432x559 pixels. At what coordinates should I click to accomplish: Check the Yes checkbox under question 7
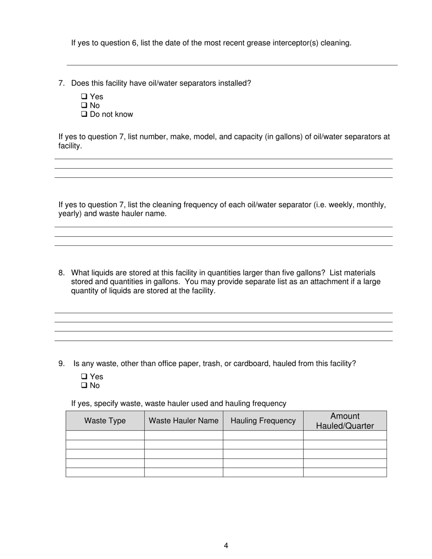coord(84,96)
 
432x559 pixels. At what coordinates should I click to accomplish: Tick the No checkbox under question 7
coord(84,105)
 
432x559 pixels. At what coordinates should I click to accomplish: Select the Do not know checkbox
coord(84,115)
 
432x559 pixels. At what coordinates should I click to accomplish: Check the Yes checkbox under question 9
coord(84,376)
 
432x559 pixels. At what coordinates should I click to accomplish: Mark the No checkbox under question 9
coord(84,385)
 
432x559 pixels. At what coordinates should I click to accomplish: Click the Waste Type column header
coord(105,421)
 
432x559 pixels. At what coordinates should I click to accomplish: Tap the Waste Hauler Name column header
coord(184,421)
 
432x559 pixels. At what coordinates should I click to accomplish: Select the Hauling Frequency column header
coord(263,421)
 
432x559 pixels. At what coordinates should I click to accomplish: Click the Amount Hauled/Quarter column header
coord(345,421)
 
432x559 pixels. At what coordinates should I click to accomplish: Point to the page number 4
coord(226,546)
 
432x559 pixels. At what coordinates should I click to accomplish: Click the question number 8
coord(61,273)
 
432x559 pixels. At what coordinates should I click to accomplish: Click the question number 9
coord(61,364)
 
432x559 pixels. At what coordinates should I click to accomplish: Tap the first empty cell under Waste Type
coord(105,435)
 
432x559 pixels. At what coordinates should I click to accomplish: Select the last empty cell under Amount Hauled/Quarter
coord(345,472)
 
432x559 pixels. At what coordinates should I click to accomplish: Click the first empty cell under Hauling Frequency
coord(263,435)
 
